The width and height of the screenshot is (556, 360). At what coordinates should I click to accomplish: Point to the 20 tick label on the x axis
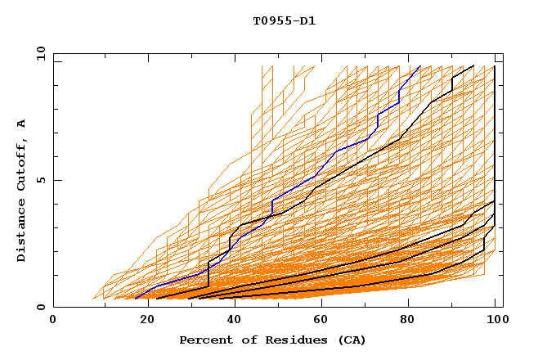click(142, 320)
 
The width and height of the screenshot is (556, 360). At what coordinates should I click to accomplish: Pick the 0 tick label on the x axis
click(54, 320)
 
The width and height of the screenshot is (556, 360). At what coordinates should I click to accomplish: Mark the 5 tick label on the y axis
click(39, 180)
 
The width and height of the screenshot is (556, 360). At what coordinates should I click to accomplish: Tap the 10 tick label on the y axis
click(36, 53)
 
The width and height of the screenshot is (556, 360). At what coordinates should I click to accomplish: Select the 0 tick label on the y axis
click(39, 307)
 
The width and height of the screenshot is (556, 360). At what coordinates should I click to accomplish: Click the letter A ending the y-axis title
click(21, 124)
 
